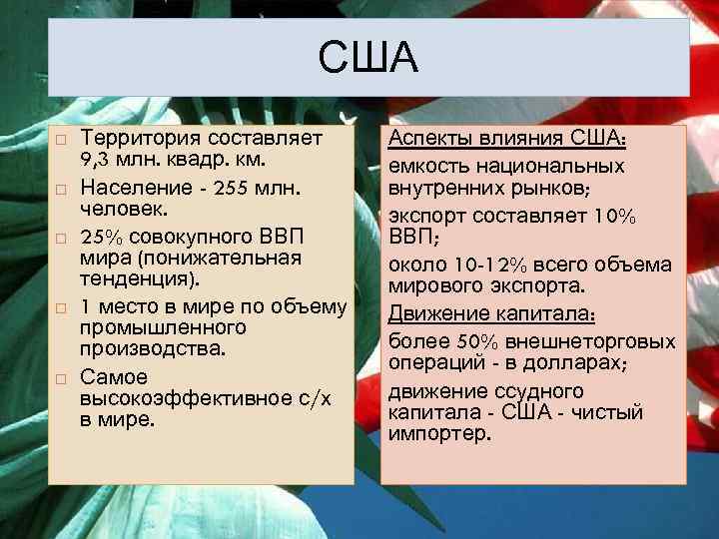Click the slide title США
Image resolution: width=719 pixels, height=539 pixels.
367,60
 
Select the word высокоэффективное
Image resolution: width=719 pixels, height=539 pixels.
169,398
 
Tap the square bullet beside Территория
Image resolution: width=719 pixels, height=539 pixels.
60,139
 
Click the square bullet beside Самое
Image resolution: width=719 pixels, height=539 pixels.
60,378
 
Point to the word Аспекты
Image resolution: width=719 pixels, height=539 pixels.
434,138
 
